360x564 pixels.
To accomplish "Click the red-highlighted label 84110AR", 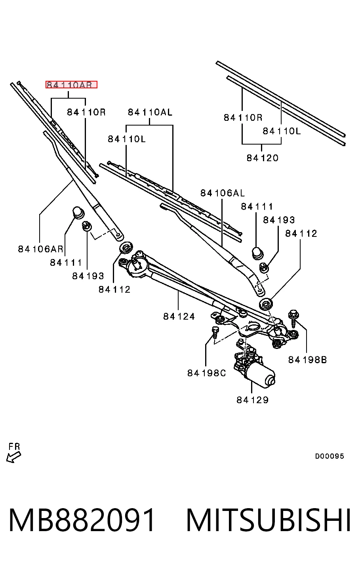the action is [71, 85].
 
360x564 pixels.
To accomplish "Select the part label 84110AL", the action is [150, 112].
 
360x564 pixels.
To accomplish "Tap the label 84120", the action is [262, 158].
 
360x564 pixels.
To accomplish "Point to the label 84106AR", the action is [40, 249].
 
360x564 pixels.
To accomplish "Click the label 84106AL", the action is [223, 193].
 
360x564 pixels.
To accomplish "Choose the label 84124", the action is [179, 316].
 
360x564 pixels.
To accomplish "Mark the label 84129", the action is [253, 400].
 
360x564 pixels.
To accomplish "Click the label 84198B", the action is [307, 360].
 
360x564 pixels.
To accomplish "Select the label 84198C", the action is [206, 373].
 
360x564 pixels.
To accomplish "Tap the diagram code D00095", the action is [329, 456].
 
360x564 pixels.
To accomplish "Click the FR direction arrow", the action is [13, 457].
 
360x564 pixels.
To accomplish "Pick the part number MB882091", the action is [82, 520].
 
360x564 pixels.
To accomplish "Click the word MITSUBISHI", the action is [269, 520].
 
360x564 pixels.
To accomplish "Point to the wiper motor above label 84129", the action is [254, 368].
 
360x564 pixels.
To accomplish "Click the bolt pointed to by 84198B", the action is [293, 318].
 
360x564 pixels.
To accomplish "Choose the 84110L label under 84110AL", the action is [127, 139].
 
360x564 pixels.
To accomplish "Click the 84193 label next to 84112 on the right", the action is [279, 220].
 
